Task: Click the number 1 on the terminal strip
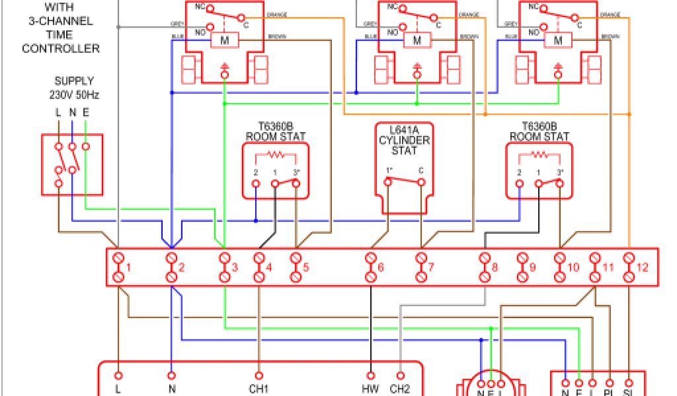tap(129, 268)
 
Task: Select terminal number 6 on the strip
tap(380, 268)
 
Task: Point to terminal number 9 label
tap(532, 268)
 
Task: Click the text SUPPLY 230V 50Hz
tap(74, 88)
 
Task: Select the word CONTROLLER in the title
tap(61, 48)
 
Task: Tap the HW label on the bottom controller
tap(371, 389)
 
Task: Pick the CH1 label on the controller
tap(259, 389)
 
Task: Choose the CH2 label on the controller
tap(401, 389)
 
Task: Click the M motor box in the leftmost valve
tap(225, 41)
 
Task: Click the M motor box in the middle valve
tap(417, 41)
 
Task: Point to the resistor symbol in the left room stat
tap(275, 156)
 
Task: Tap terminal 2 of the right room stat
tap(520, 172)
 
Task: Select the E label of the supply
tap(85, 113)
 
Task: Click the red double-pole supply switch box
tap(72, 165)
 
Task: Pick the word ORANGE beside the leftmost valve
tap(276, 15)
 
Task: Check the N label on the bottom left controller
tap(172, 389)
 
